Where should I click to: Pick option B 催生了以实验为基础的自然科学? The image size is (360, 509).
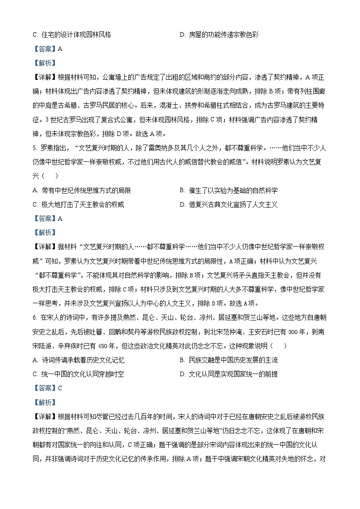(229, 190)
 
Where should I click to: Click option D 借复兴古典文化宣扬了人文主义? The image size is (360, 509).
(229, 204)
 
